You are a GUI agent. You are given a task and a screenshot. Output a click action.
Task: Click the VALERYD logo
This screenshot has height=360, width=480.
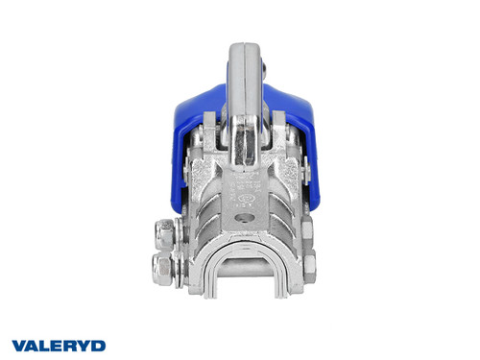point(59,345)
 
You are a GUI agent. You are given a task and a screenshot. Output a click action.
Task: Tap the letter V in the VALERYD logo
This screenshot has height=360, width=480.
point(18,345)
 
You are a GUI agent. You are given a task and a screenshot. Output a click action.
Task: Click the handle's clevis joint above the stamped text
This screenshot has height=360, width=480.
point(243,144)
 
